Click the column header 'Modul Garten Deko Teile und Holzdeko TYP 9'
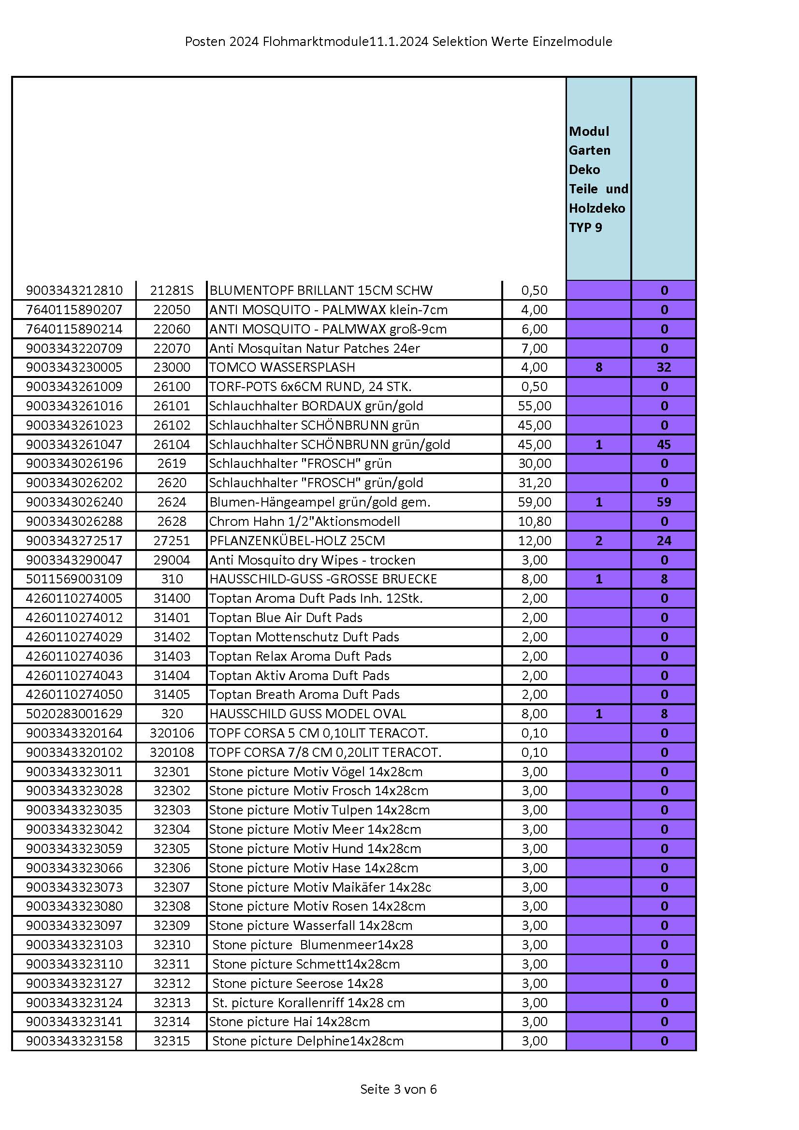pos(598,179)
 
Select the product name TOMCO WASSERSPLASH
pos(282,367)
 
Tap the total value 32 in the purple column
pos(664,367)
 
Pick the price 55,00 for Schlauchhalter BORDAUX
pos(534,406)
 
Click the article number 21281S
pos(172,290)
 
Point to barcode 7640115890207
pos(74,310)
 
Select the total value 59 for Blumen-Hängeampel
pos(664,502)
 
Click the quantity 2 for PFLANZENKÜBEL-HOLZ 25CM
pos(598,540)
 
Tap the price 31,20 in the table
pos(534,482)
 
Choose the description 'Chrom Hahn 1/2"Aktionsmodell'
pos(304,521)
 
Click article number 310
pos(172,579)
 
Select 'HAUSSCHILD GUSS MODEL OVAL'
pos(308,714)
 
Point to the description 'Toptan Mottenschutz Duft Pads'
pos(304,637)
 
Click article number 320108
pos(172,752)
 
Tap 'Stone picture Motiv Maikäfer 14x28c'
pos(320,887)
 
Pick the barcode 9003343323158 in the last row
pos(74,1041)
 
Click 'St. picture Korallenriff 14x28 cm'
pos(308,1002)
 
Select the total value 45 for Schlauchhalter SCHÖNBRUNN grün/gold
pos(664,445)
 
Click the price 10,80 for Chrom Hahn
pos(534,521)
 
